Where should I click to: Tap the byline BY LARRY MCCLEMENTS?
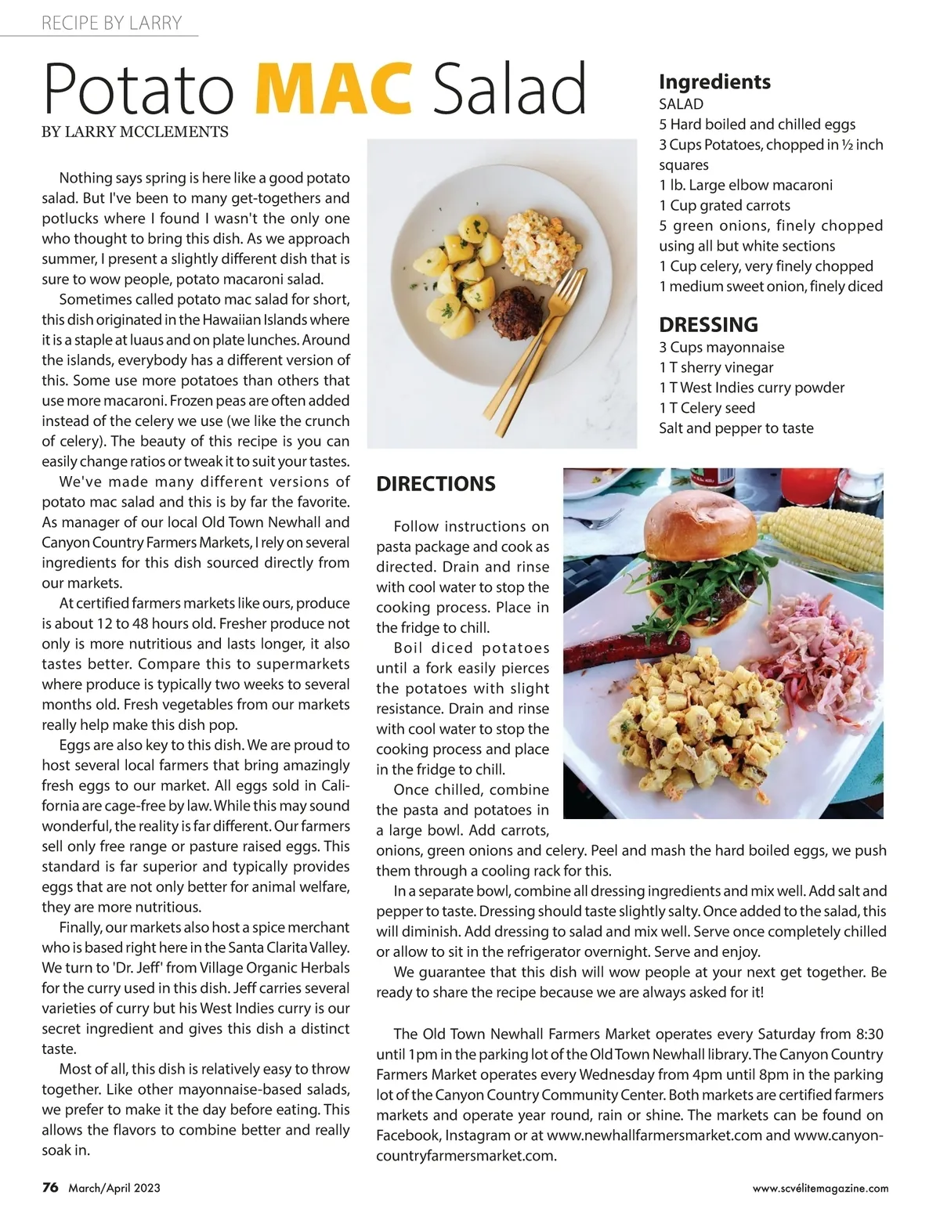[135, 132]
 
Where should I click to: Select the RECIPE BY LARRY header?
[111, 23]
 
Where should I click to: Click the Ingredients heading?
[714, 81]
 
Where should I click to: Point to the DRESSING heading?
[708, 324]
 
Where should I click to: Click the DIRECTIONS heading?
[436, 484]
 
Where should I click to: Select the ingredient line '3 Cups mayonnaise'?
[721, 347]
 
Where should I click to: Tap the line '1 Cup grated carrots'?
[725, 205]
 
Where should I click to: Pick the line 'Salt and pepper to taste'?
[736, 428]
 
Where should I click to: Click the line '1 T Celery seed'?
[707, 408]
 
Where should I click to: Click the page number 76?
[50, 1187]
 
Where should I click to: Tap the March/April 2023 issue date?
[114, 1188]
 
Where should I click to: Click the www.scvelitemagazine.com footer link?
[820, 1188]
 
